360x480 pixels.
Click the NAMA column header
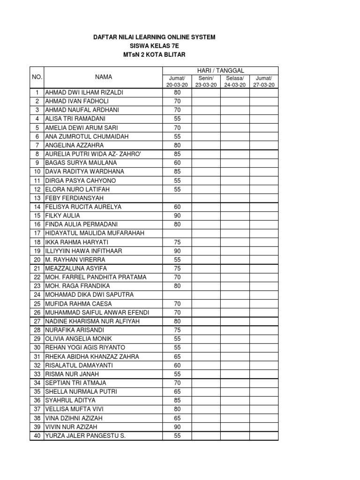point(104,77)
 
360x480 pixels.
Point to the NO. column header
point(37,77)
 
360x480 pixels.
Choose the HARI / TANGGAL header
point(220,69)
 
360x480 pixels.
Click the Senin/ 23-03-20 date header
point(206,81)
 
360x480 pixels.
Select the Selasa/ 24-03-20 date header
point(235,81)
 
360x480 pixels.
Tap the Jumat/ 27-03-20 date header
point(264,81)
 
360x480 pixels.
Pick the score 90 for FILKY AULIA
point(177,216)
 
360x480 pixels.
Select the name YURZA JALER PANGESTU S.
point(85,436)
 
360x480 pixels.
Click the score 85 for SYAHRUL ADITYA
point(177,400)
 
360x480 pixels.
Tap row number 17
point(37,233)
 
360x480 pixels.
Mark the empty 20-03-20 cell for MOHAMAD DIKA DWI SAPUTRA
point(177,295)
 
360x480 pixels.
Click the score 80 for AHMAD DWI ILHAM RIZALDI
point(177,92)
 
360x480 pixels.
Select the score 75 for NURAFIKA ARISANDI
point(177,330)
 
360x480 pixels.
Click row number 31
point(37,356)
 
